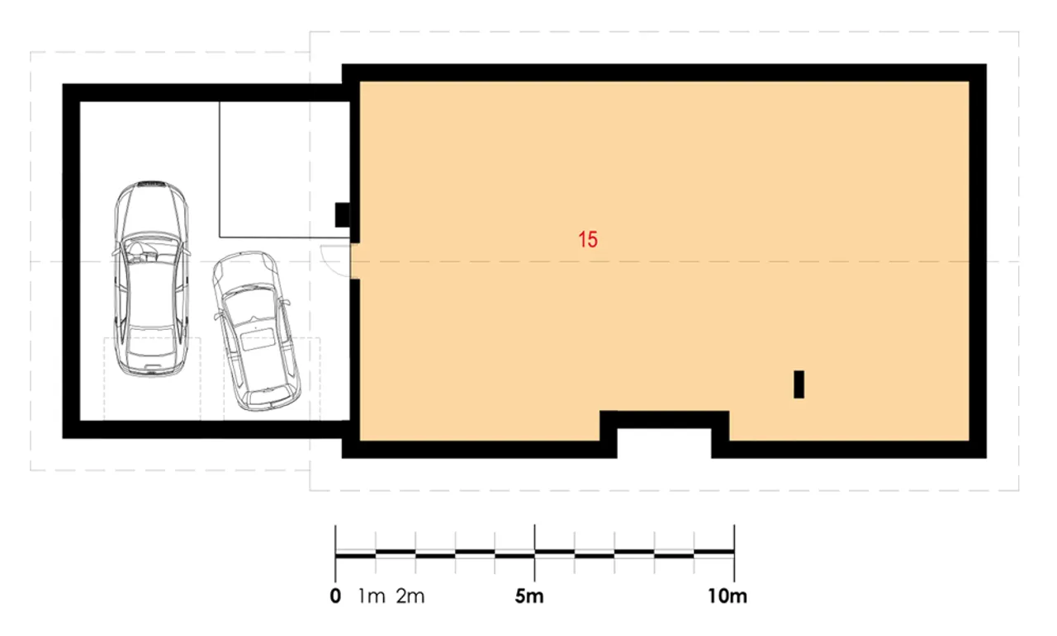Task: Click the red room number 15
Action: coord(588,239)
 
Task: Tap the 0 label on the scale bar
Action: coord(335,596)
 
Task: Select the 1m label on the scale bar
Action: coord(372,596)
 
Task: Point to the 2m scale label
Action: coord(410,596)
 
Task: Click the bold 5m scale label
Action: coord(529,596)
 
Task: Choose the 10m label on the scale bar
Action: coord(728,596)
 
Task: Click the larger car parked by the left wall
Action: coord(151,279)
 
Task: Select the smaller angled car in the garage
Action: coord(255,330)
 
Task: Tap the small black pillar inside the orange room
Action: coord(799,384)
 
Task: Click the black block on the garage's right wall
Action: coord(343,215)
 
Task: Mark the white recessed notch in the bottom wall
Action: coord(664,443)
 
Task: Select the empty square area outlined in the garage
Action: coord(285,169)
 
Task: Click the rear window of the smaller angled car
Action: coord(258,339)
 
